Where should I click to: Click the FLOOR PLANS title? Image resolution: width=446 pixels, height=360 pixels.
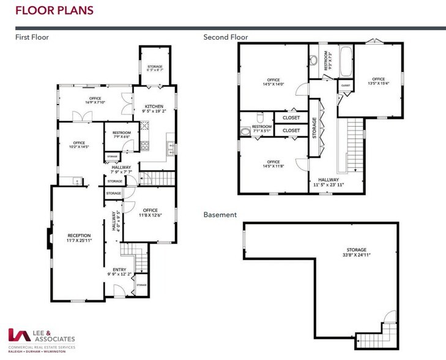tap(54, 10)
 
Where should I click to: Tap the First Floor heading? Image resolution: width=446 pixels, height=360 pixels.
tap(32, 37)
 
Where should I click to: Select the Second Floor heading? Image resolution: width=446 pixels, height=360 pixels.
tap(226, 37)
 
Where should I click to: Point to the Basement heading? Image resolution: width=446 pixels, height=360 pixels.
tap(220, 215)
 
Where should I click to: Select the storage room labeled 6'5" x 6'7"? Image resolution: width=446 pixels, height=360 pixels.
tap(154, 68)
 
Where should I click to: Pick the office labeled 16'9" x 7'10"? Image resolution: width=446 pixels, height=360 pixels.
tap(95, 100)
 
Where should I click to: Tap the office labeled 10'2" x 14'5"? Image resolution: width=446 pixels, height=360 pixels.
tap(79, 144)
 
